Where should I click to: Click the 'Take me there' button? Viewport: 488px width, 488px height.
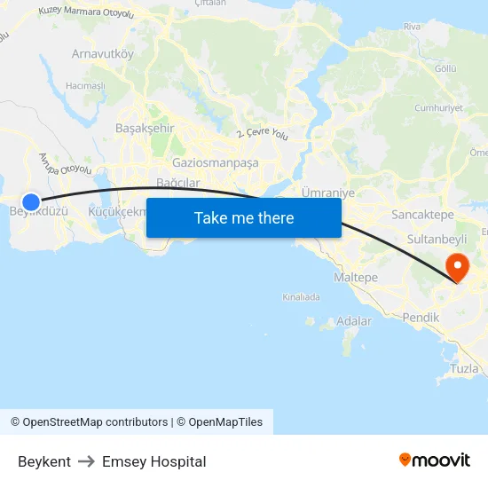244,217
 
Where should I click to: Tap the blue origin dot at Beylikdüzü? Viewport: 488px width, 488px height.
31,202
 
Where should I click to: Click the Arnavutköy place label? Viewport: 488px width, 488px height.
102,53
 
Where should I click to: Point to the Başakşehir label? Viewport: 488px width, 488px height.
146,128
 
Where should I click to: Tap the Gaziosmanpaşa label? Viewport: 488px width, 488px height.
216,162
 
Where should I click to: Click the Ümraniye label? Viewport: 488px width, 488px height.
328,193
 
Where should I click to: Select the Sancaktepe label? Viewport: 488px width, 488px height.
423,215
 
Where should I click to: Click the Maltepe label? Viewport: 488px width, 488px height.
355,278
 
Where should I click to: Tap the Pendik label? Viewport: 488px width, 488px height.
421,316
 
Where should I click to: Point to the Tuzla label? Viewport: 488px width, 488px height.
464,368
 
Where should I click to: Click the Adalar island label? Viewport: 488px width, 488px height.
355,321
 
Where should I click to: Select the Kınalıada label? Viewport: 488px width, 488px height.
301,297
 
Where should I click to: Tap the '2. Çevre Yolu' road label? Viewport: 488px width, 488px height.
263,133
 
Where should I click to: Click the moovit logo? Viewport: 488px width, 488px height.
434,460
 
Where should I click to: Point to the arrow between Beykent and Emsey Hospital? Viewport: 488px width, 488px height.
86,461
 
